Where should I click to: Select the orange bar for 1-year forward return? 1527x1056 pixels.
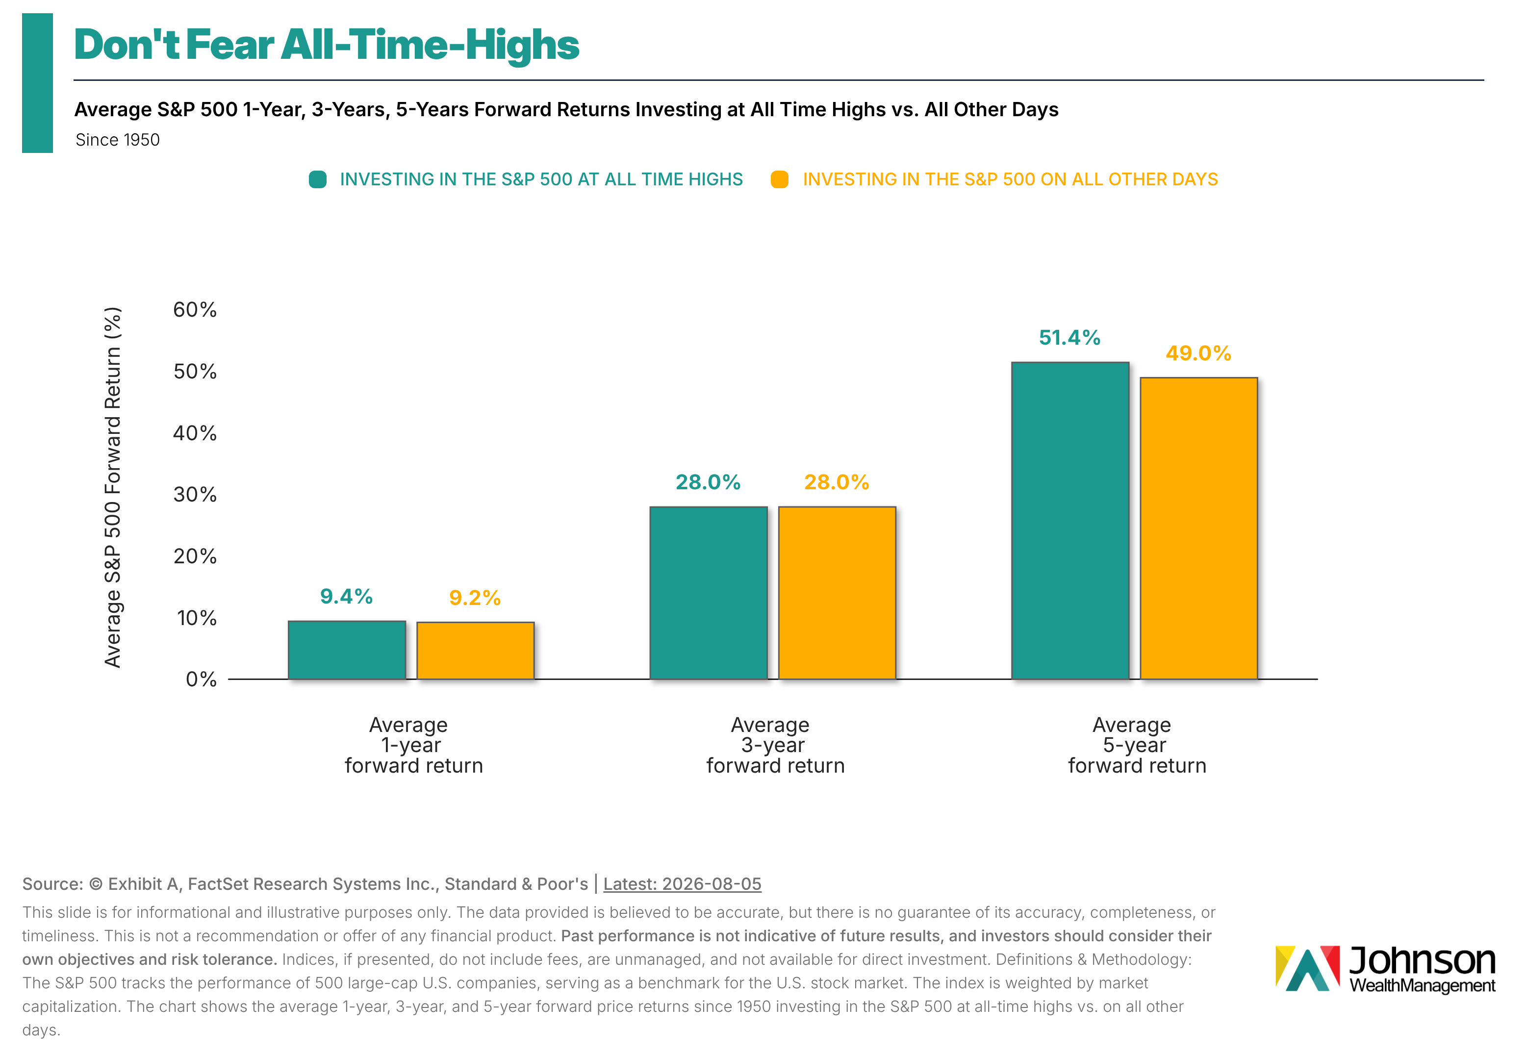pos(475,651)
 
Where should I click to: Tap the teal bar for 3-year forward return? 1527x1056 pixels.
pos(709,593)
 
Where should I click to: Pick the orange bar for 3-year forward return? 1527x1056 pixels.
pos(837,593)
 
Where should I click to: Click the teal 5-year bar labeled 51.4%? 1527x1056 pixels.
pos(1070,521)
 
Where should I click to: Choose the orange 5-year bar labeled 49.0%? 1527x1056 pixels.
pos(1199,528)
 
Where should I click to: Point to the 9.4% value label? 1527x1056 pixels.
pos(346,596)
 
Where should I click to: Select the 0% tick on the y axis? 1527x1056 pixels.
pos(201,679)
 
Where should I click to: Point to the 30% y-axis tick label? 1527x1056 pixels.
pos(195,494)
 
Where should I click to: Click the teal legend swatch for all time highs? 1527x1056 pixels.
pos(318,179)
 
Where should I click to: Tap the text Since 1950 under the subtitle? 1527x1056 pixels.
pos(117,140)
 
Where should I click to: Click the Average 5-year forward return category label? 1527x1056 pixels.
pos(1136,745)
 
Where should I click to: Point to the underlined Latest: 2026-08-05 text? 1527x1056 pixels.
pos(682,884)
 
